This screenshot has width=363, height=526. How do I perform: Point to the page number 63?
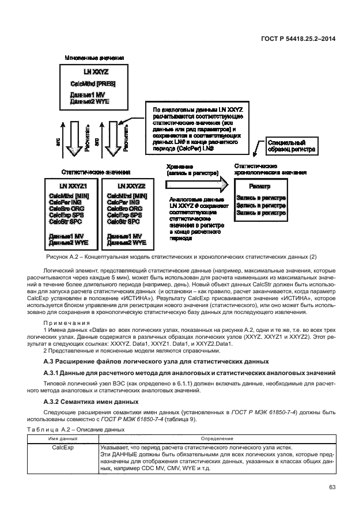click(x=331, y=487)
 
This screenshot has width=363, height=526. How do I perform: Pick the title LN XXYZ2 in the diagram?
click(x=131, y=186)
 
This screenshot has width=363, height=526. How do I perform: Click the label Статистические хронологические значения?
click(x=270, y=169)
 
